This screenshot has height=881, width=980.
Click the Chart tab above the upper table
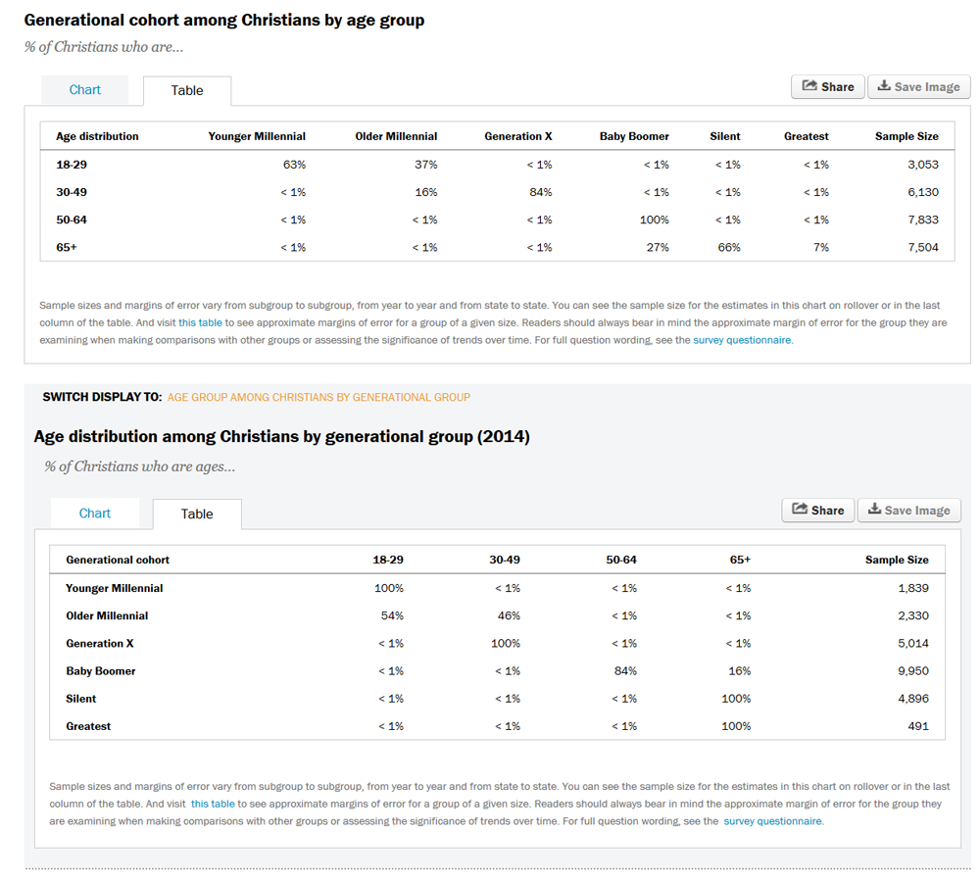point(85,90)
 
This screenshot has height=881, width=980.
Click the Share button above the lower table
point(817,511)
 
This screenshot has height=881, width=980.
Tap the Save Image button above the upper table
point(919,87)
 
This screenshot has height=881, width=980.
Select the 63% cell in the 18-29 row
point(294,165)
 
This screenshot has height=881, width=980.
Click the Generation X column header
point(518,136)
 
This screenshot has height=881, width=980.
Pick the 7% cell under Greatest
point(821,247)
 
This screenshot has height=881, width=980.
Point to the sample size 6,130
point(923,192)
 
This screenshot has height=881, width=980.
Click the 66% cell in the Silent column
point(729,247)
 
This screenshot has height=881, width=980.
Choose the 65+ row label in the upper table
point(67,247)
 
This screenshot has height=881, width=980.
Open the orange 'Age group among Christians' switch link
point(318,398)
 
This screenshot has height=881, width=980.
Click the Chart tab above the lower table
point(95,514)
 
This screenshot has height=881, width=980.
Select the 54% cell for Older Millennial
point(393,616)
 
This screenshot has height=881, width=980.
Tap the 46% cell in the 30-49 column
point(509,616)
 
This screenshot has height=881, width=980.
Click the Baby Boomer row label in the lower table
point(101,671)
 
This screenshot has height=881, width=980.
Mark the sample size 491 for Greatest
point(918,727)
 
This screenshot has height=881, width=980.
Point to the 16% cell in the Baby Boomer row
point(739,671)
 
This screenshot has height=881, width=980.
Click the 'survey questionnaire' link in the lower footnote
point(772,821)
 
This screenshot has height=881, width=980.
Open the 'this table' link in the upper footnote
point(200,323)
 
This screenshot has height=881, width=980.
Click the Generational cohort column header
point(118,560)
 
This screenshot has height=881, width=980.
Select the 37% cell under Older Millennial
point(426,165)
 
